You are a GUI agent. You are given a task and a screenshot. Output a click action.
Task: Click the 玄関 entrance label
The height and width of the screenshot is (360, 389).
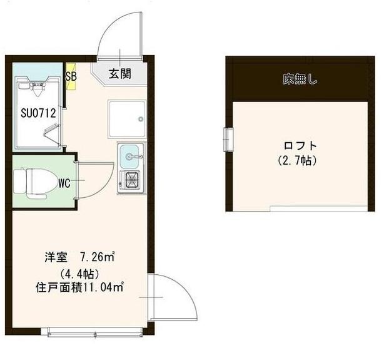click(x=120, y=73)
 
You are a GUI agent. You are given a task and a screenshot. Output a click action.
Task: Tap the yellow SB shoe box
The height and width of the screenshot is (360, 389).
click(x=70, y=76)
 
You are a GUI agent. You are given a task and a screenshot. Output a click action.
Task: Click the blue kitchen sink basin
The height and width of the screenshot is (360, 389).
click(x=130, y=153)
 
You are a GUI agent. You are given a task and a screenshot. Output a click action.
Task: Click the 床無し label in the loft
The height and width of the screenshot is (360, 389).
click(x=300, y=80)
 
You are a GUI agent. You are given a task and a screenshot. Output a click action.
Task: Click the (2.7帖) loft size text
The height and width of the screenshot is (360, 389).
click(x=298, y=161)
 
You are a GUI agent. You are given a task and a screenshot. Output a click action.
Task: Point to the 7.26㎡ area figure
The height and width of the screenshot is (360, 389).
click(x=96, y=257)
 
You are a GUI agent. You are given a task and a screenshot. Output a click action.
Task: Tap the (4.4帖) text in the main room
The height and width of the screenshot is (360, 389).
click(x=76, y=274)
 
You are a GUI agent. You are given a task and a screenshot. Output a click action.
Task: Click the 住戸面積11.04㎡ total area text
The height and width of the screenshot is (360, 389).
click(x=79, y=288)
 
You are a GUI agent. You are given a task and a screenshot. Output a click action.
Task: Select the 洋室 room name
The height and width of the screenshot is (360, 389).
click(x=54, y=257)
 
